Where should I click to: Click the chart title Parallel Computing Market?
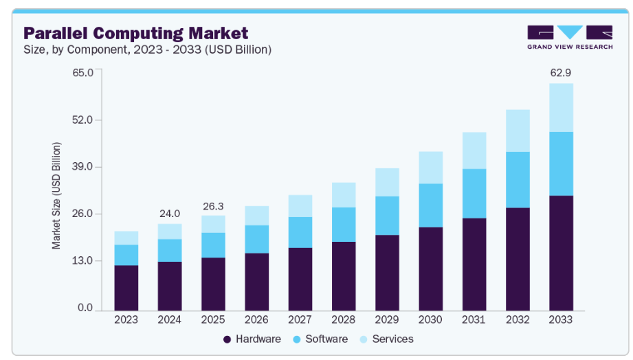click(136, 32)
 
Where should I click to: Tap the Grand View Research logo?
click(569, 37)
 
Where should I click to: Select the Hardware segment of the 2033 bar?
click(561, 252)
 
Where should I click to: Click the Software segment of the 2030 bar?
click(430, 205)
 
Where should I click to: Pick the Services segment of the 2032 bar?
click(518, 131)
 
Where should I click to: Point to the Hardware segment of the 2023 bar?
click(126, 287)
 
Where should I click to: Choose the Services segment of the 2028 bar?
click(344, 194)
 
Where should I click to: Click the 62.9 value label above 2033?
click(561, 71)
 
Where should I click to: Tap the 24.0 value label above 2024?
click(170, 212)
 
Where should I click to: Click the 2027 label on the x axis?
click(300, 320)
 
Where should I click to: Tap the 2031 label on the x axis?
click(474, 320)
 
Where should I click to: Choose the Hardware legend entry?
click(252, 339)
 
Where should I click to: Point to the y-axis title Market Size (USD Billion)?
click(57, 195)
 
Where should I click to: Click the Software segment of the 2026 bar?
click(256, 239)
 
